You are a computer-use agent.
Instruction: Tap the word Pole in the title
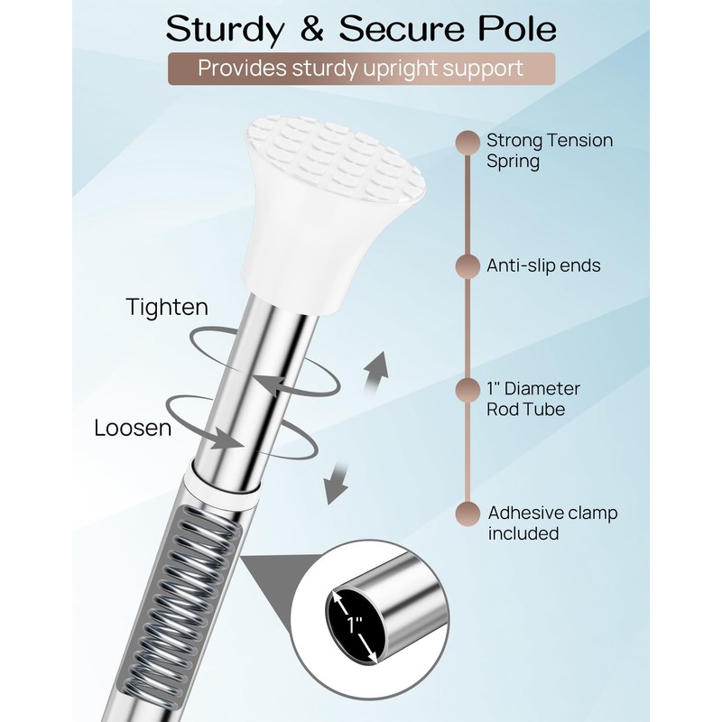(x=514, y=29)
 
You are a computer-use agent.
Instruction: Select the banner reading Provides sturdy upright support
(x=361, y=68)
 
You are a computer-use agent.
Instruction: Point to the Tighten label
(x=167, y=307)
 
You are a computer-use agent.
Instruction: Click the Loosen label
(x=133, y=427)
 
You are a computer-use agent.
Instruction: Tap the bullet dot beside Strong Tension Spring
(x=467, y=142)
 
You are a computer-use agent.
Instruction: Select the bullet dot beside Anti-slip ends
(x=467, y=266)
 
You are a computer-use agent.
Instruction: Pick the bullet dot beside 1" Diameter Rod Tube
(x=467, y=390)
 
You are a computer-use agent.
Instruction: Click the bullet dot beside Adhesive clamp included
(x=467, y=514)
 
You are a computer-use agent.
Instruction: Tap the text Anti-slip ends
(x=543, y=266)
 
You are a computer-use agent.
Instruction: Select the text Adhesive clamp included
(x=552, y=523)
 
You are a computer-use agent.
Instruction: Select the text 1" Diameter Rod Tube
(x=532, y=399)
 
